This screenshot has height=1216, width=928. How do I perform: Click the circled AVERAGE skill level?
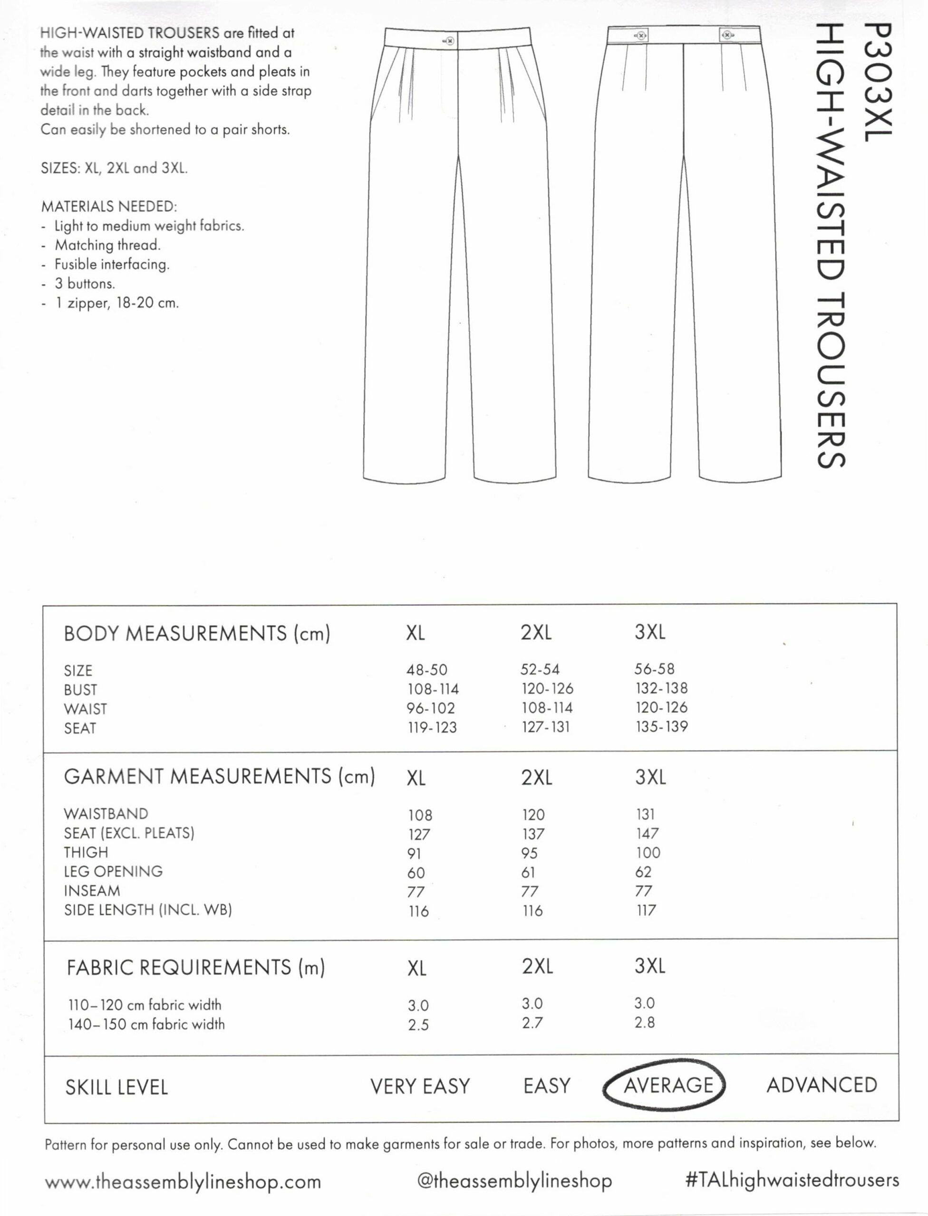668,1085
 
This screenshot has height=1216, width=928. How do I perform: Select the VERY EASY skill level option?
420,1086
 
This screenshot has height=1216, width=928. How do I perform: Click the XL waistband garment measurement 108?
420,815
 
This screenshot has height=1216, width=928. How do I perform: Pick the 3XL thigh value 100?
648,853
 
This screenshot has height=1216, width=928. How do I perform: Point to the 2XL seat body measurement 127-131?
545,727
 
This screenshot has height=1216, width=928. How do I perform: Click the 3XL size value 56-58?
655,669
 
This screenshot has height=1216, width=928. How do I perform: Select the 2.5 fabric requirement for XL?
418,1025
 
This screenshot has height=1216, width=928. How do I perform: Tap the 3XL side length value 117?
646,910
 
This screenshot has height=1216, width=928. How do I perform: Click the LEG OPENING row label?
113,872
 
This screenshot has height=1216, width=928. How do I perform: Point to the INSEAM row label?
92,891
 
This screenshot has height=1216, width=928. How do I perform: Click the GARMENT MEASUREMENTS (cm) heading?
219,777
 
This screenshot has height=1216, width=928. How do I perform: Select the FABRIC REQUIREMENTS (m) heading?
195,968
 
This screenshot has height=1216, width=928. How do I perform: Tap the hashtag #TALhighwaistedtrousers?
792,1179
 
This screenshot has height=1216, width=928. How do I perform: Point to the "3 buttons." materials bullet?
85,284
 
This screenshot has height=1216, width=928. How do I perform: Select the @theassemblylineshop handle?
514,1181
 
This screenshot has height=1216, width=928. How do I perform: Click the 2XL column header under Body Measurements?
536,633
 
